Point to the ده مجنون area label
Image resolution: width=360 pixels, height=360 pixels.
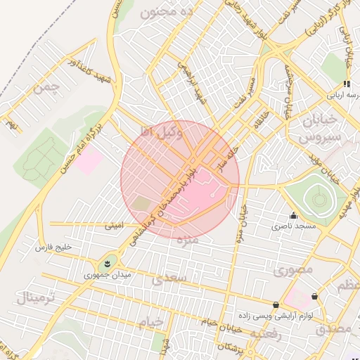click(167, 13)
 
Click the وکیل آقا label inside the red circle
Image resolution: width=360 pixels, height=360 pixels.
click(162, 131)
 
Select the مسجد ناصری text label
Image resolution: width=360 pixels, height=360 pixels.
click(294, 226)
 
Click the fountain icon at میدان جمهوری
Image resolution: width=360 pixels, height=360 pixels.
click(107, 263)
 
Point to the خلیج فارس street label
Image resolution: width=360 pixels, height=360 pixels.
click(54, 248)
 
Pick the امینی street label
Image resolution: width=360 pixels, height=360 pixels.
click(113, 226)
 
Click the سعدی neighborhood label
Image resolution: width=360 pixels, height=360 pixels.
click(169, 279)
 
